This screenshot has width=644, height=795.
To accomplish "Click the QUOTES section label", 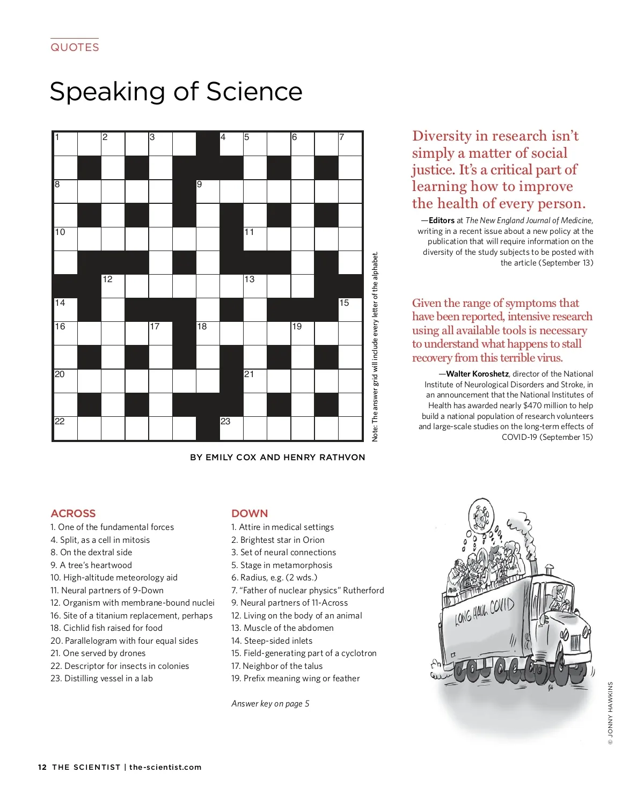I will [75, 47].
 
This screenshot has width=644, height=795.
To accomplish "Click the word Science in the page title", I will [254, 91].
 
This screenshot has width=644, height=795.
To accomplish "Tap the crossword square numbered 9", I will [208, 191].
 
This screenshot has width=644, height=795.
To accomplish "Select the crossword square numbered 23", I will [231, 428].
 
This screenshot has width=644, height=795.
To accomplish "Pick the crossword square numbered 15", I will [350, 310].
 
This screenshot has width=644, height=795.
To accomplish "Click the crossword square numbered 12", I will [113, 286].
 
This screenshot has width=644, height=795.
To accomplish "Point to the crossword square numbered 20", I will [65, 381].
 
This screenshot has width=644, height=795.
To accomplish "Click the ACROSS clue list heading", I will [73, 513].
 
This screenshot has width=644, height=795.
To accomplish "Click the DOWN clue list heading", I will [250, 513].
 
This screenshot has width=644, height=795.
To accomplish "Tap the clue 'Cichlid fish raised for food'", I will [113, 628].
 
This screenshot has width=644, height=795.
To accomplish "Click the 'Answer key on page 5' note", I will [270, 703].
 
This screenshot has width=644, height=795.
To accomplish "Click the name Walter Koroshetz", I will [477, 374].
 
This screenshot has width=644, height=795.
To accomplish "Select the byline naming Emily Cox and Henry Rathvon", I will [277, 457].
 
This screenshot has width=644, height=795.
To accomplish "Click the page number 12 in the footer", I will [42, 767].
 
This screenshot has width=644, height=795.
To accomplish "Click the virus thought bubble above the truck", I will [481, 516].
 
